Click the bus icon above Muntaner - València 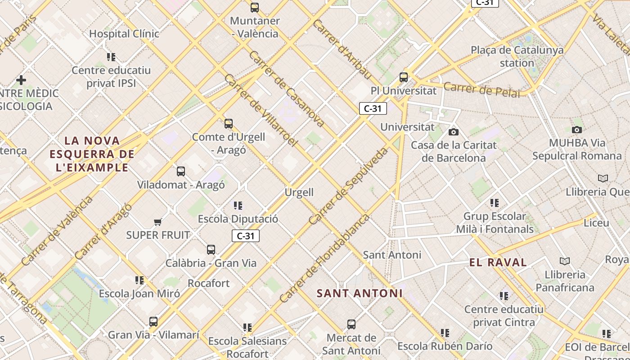click(x=255, y=8)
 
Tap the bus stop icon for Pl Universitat click(x=404, y=77)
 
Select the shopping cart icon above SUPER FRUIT click(x=157, y=222)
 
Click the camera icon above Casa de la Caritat click(x=454, y=132)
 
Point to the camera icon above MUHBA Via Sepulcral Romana click(x=576, y=130)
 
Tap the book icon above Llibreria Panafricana click(x=564, y=261)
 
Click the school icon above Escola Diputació click(x=238, y=206)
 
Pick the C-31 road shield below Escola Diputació click(x=246, y=236)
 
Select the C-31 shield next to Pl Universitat click(x=373, y=108)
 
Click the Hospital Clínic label click(x=124, y=34)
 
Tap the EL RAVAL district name click(x=498, y=263)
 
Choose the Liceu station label click(x=596, y=223)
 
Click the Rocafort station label click(x=208, y=283)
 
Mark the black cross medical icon click(x=21, y=80)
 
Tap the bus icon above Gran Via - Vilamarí click(x=153, y=322)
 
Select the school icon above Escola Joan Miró click(x=139, y=280)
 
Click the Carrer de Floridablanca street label click(x=324, y=258)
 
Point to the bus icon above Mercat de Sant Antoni click(x=351, y=324)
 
